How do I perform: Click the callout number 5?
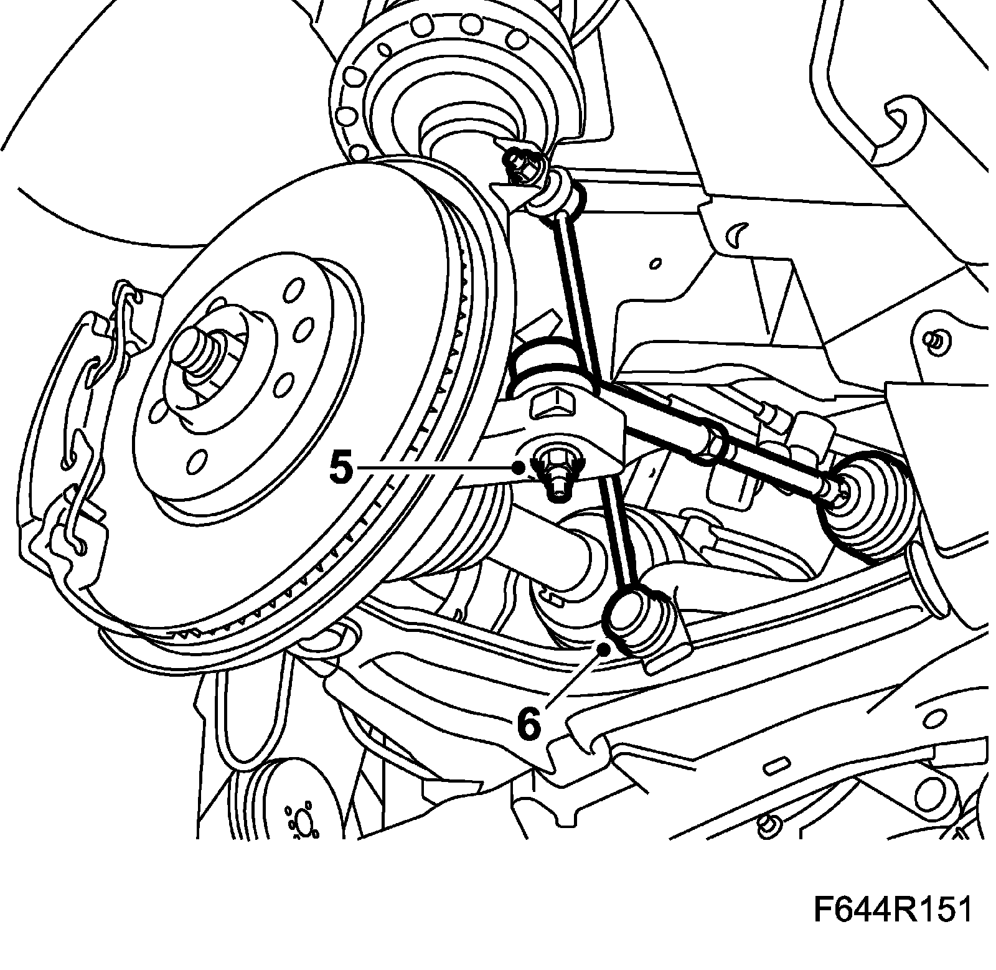tap(341, 468)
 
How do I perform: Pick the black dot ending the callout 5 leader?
tap(518, 468)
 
